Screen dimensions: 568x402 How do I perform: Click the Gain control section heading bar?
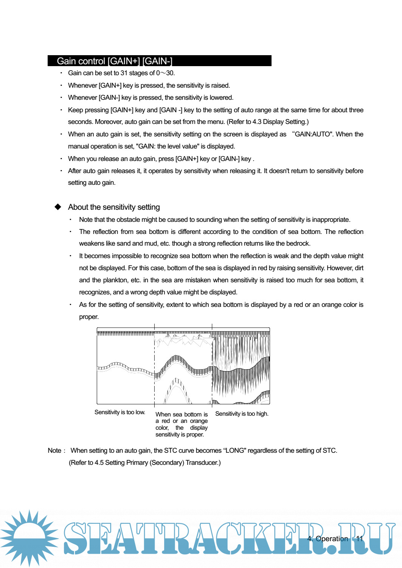[x=159, y=61]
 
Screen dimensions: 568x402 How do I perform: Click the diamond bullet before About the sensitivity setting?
[x=58, y=207]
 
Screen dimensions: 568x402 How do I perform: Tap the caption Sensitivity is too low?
[x=120, y=412]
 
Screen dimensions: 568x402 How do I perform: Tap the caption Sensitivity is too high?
[x=242, y=414]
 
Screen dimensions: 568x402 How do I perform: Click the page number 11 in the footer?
[x=359, y=539]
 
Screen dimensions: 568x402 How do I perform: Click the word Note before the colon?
[x=54, y=450]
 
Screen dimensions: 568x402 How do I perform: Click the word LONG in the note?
[x=235, y=450]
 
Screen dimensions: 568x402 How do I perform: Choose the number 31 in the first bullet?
[x=124, y=73]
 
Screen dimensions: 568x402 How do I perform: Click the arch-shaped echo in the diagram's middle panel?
[x=177, y=391]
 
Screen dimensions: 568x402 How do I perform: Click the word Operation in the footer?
[x=332, y=539]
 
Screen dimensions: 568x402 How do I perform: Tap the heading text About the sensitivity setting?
[x=114, y=207]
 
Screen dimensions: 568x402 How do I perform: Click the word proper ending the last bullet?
[x=88, y=317]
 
